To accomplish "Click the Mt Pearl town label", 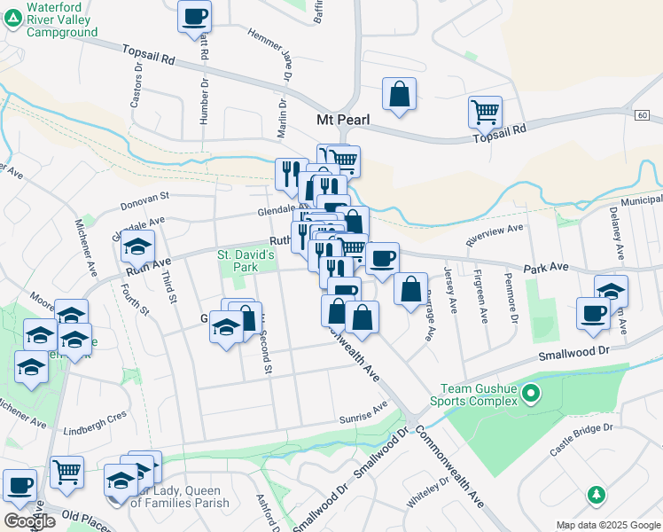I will click(342, 119).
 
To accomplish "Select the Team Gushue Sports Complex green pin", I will click(531, 392).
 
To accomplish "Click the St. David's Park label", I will click(247, 260).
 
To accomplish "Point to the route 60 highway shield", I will click(642, 115).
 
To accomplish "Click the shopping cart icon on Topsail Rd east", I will click(485, 112).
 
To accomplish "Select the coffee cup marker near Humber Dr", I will click(194, 15).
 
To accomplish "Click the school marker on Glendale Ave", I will click(137, 246).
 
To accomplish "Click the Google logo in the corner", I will click(29, 521).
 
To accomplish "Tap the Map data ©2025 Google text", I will click(608, 525).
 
